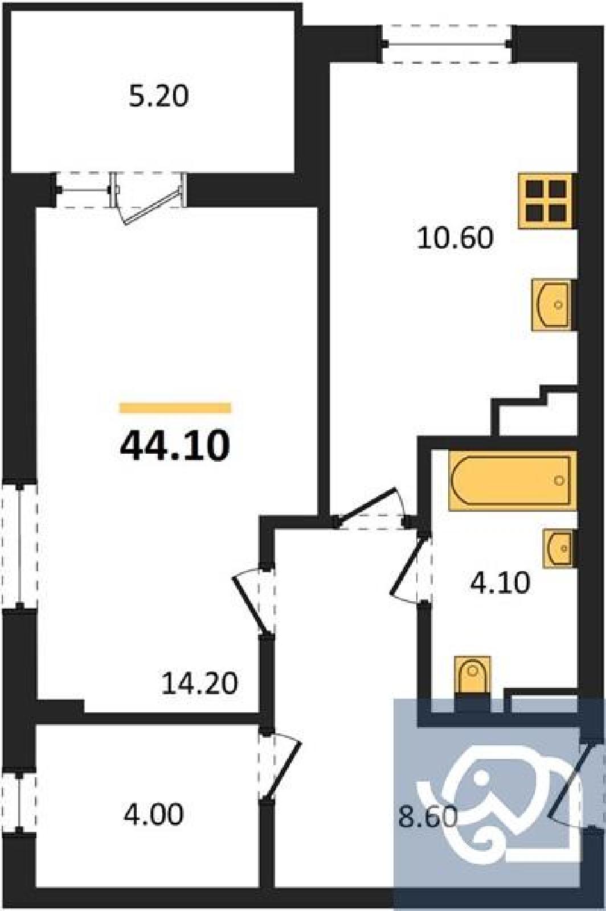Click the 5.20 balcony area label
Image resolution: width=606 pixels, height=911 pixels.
158,97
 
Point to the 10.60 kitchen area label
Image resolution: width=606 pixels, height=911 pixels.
455,238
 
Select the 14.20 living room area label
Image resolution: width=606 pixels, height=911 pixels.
199,683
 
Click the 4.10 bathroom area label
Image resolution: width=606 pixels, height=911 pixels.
500,583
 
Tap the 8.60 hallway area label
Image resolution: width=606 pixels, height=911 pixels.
428,817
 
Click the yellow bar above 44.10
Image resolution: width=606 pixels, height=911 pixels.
175,408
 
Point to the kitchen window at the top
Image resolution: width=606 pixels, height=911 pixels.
447,44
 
